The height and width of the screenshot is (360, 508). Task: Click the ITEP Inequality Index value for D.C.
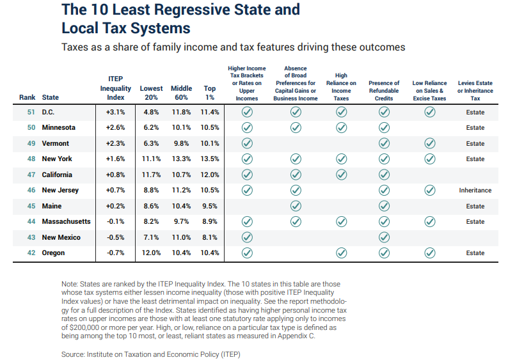tap(115, 112)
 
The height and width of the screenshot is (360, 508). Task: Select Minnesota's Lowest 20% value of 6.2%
tap(151, 127)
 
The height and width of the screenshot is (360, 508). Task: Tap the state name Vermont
tap(56, 143)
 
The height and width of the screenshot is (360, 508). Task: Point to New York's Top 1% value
tap(210, 159)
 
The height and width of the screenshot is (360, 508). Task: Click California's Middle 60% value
tap(181, 175)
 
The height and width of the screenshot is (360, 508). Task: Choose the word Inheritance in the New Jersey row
tap(475, 191)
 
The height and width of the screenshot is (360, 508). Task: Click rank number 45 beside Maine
tap(31, 207)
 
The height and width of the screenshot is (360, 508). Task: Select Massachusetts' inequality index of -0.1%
tap(115, 222)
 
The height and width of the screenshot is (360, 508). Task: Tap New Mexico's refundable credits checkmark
tap(384, 237)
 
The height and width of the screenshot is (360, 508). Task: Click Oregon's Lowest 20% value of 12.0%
tap(151, 253)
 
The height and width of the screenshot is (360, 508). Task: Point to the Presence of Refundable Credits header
tap(384, 91)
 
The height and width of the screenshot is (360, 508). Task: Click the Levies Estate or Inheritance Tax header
tap(475, 91)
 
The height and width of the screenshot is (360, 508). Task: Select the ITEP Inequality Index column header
tap(115, 88)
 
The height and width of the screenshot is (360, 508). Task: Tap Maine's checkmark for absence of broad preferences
tap(296, 206)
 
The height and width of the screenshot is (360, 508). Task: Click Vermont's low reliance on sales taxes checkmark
tap(429, 143)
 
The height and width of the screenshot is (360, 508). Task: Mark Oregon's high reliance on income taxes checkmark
tap(341, 253)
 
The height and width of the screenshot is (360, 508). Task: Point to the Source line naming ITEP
tap(151, 354)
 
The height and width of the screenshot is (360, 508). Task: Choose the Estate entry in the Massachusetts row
tap(475, 222)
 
